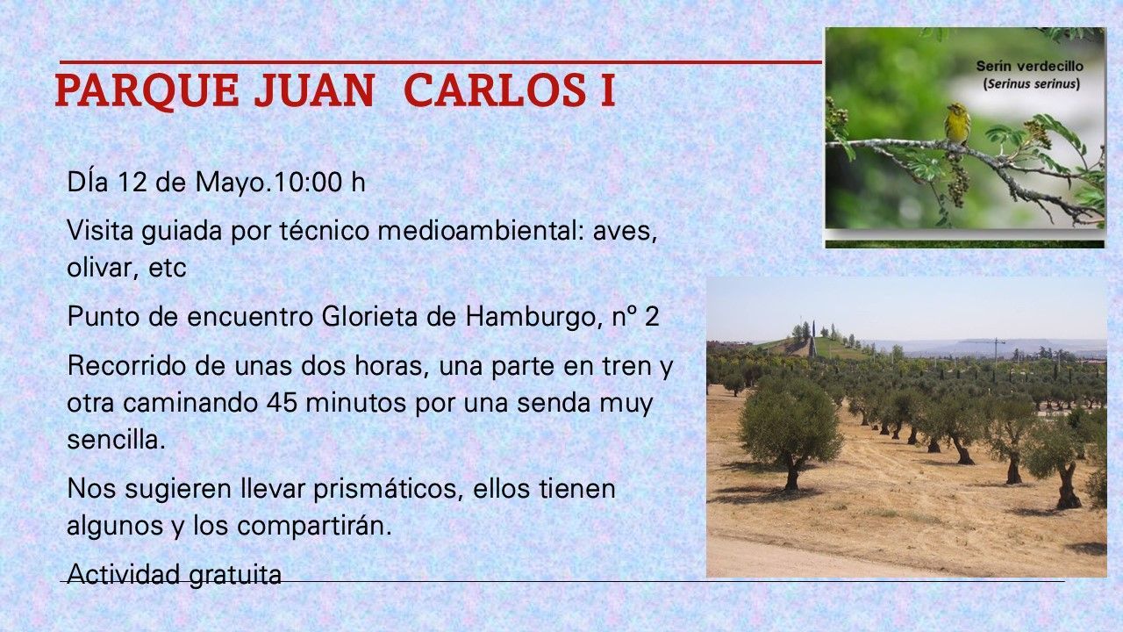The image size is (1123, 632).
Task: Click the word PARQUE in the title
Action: click(x=147, y=91)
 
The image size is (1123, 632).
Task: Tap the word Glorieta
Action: click(x=369, y=317)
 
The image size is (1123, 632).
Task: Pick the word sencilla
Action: click(x=116, y=440)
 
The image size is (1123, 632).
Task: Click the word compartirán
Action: click(x=314, y=526)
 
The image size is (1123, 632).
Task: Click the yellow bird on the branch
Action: click(x=957, y=124)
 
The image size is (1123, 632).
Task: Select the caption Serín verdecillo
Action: click(x=1030, y=66)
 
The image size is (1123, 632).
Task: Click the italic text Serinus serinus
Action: click(x=1031, y=83)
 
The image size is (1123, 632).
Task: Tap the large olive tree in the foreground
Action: click(x=790, y=430)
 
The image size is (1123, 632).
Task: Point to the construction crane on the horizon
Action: click(x=996, y=348)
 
